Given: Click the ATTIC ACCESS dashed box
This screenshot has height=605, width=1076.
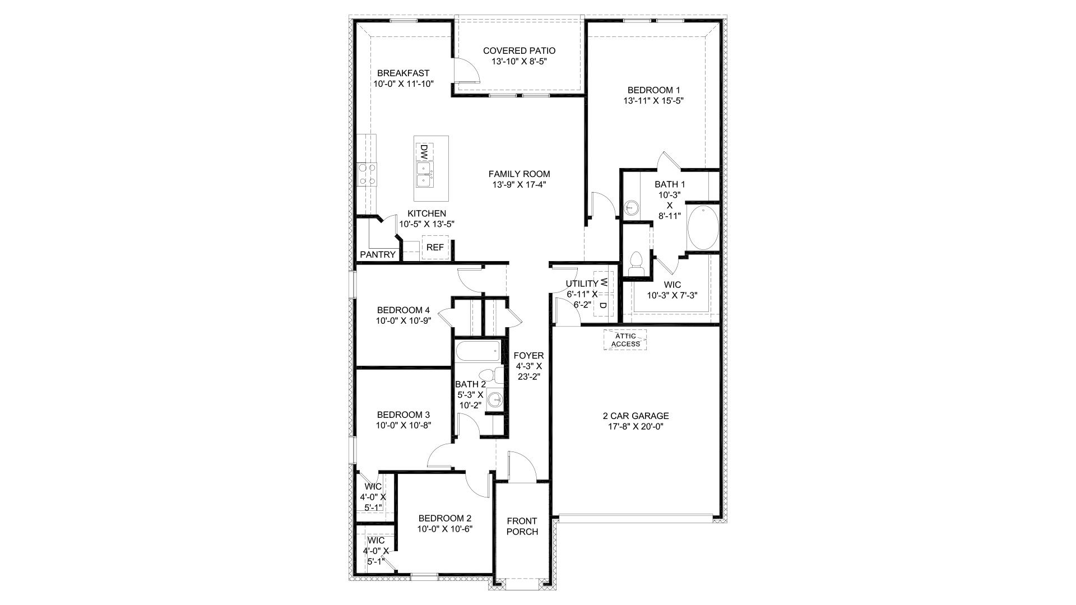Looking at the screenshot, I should coord(625,339).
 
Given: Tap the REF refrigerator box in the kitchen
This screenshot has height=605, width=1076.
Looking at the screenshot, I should coord(435,247).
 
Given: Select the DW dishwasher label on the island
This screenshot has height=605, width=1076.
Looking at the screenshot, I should coord(424,151).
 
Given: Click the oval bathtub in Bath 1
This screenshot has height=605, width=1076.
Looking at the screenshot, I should coord(702,228).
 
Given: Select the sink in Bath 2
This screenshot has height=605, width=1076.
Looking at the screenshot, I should coord(495,399).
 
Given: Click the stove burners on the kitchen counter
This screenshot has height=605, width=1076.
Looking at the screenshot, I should coord(367,174).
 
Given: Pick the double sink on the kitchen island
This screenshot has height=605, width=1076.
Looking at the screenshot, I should coord(424,174).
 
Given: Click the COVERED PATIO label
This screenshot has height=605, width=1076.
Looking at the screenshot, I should coord(519,51).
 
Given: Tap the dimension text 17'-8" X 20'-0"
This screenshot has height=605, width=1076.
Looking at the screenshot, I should coord(636,426).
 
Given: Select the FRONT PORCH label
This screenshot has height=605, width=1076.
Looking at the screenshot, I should coord(522,527).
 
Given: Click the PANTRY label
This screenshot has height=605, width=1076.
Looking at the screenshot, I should coord(378,254).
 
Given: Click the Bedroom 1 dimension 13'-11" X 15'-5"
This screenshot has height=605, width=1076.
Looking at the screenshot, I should coord(653,101).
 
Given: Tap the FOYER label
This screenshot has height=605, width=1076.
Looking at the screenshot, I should coord(528,356).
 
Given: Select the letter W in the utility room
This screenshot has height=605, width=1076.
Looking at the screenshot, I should coord(604,282).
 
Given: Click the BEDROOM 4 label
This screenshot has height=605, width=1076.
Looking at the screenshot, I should coord(403,310).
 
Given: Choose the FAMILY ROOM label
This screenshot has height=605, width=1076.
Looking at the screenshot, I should coord(518,174).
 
